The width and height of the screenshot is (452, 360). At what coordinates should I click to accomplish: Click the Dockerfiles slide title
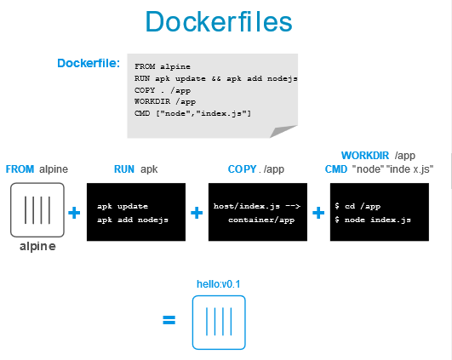[x=219, y=21]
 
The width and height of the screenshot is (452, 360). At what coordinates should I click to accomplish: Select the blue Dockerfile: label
[x=89, y=63]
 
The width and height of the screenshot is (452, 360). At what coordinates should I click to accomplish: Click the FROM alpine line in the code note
[x=163, y=66]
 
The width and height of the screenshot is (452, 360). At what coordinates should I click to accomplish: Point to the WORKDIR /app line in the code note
[x=165, y=101]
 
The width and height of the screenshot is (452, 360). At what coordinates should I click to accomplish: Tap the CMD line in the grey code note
[x=192, y=113]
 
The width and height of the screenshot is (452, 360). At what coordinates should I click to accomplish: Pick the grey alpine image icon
[x=37, y=210]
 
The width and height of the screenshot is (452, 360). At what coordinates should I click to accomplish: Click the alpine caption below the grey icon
[x=37, y=247]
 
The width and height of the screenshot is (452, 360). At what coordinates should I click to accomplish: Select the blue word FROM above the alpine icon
[x=20, y=169]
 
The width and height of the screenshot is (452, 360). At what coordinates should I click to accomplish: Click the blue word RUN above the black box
[x=124, y=169]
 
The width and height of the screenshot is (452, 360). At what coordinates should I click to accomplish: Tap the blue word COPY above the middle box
[x=242, y=169]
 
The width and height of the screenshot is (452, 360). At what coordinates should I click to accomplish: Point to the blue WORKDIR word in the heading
[x=365, y=156]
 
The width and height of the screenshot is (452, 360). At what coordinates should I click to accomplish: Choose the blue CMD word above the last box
[x=336, y=169]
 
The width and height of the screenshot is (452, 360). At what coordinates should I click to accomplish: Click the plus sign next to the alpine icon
[x=74, y=213]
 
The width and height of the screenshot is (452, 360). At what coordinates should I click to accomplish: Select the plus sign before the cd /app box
[x=318, y=213]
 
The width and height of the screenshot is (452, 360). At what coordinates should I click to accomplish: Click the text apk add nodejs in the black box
[x=133, y=220]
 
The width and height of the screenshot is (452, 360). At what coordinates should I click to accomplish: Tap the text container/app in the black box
[x=261, y=220]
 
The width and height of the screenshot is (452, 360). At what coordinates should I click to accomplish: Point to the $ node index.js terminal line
[x=373, y=220]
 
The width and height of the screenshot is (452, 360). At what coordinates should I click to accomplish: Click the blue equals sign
[x=169, y=320]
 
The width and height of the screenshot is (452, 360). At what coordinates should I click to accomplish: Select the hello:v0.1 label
[x=219, y=284]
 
